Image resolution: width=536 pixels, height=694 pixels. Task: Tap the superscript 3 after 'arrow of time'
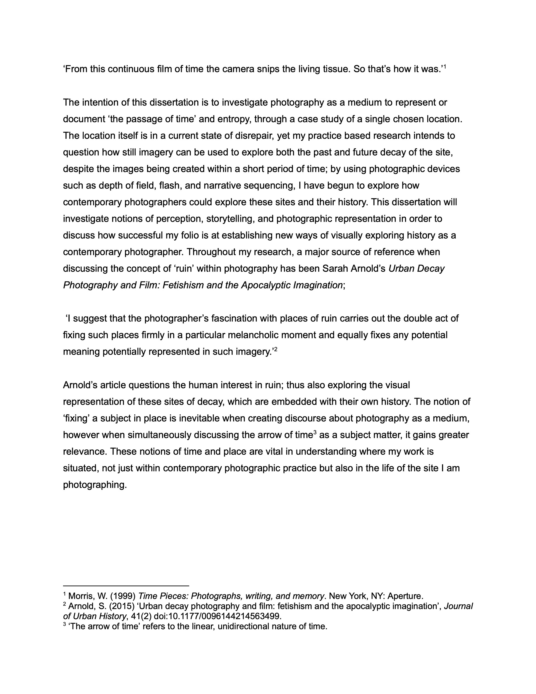[315, 432]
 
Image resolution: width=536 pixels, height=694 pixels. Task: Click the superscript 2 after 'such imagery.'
[276, 349]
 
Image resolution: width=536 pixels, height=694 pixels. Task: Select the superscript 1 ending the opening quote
[445, 67]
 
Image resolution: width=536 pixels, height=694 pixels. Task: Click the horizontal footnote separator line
[126, 586]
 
